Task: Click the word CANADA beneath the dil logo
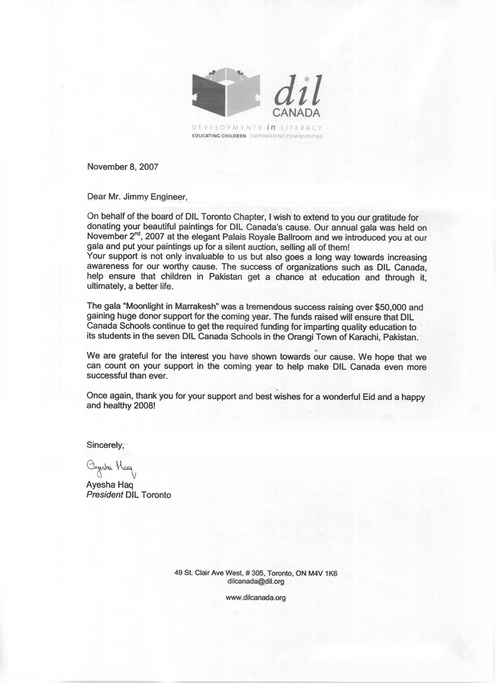tap(296, 114)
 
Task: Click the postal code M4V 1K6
tap(319, 574)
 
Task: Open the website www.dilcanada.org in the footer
tap(256, 599)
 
